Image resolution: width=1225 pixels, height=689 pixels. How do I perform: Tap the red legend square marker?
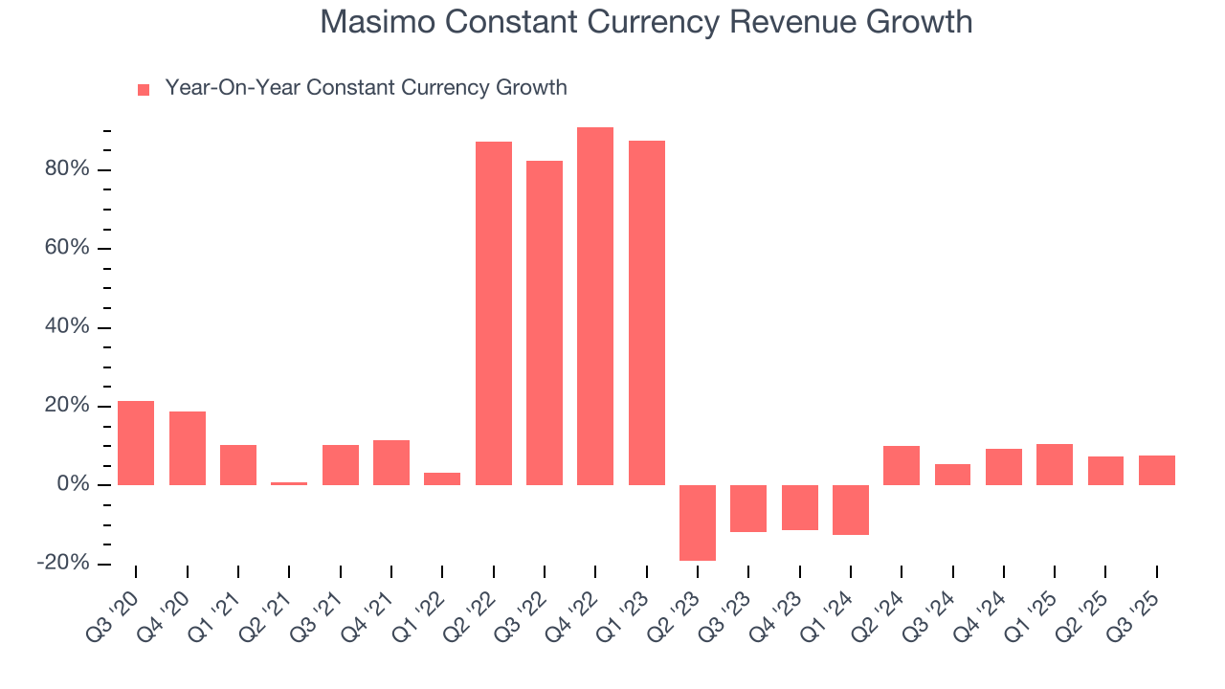[144, 90]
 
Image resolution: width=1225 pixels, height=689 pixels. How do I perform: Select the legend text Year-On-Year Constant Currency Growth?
[366, 88]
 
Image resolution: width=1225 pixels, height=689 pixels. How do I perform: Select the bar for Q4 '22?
[595, 306]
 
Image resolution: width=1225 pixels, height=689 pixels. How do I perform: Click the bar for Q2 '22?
[494, 313]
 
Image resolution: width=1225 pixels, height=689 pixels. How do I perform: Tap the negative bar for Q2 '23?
[698, 522]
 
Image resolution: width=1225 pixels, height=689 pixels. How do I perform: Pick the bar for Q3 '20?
[136, 442]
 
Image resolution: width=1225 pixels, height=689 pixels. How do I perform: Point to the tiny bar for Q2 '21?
[289, 483]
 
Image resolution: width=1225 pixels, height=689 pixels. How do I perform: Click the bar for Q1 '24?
[851, 509]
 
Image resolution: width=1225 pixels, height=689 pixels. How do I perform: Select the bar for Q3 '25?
[1157, 470]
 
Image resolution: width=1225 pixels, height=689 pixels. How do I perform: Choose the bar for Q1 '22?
[442, 478]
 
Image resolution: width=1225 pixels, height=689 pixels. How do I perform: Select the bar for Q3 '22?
[545, 322]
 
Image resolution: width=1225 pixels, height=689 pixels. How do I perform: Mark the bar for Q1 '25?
[1055, 464]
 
